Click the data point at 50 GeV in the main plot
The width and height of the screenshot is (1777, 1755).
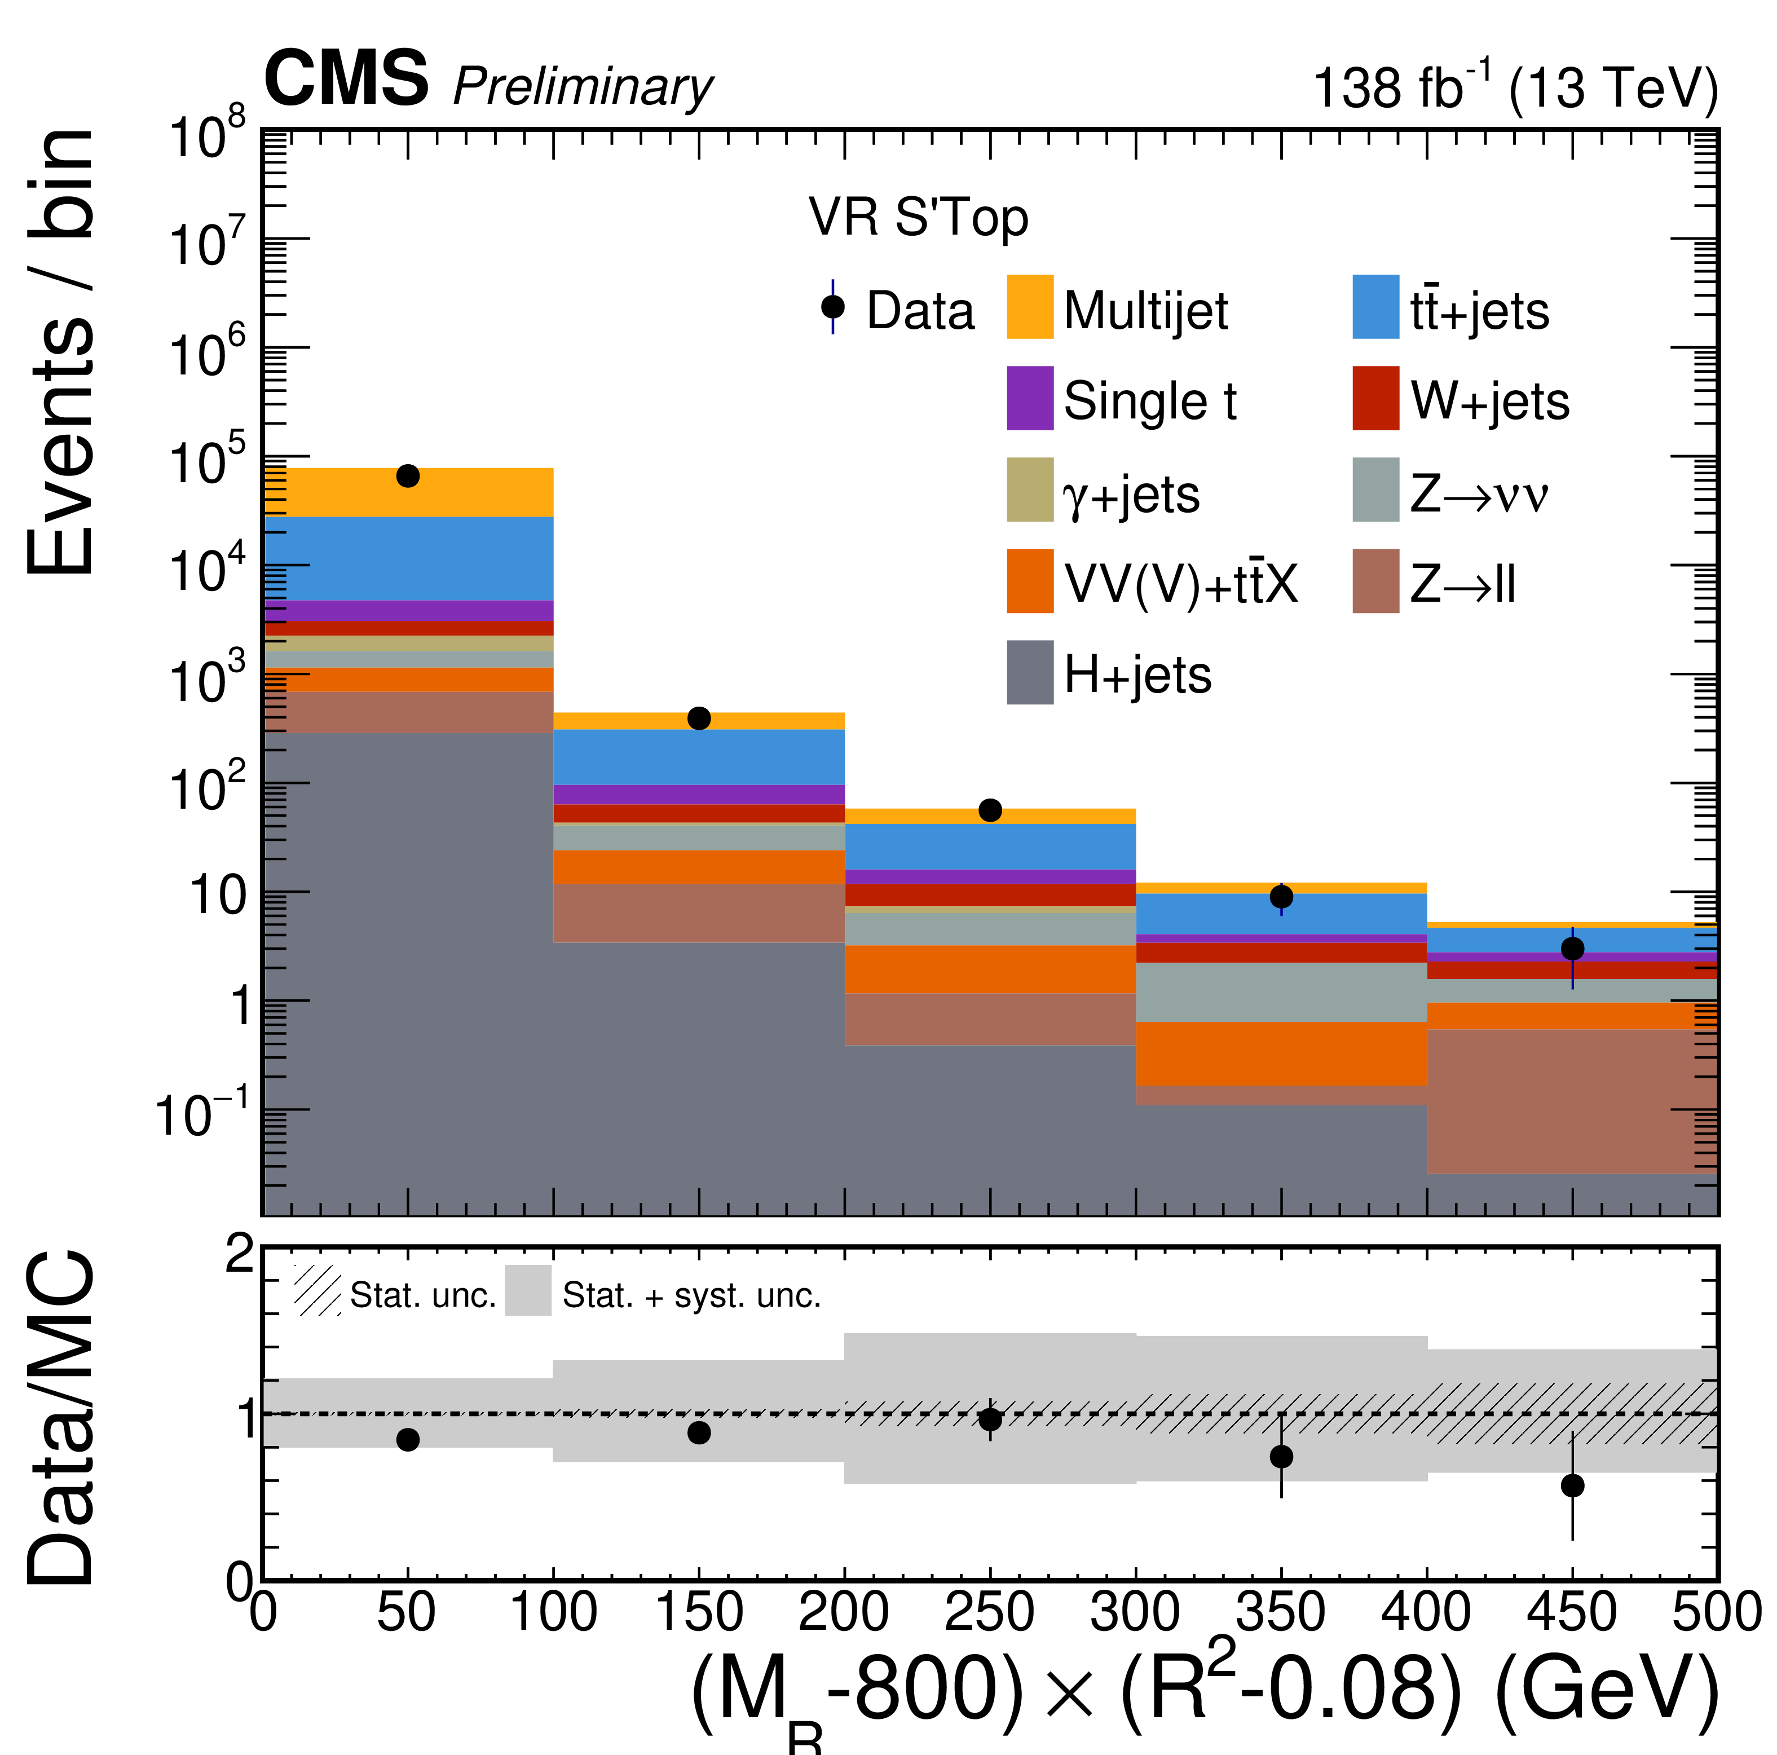tap(408, 475)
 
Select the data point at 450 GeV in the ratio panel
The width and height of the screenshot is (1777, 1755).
tap(1573, 1485)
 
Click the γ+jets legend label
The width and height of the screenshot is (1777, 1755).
tap(1131, 494)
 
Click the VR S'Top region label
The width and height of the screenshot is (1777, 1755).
tap(918, 219)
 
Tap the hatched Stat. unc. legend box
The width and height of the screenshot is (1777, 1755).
tap(318, 1290)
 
